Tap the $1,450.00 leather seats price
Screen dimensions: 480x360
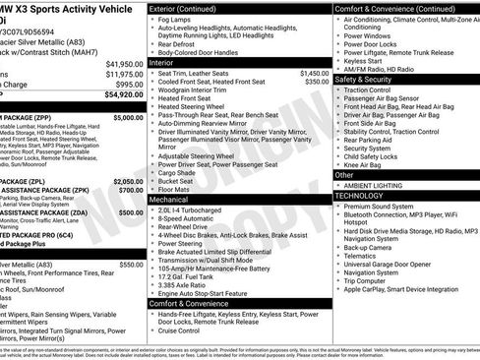pyautogui.click(x=314, y=73)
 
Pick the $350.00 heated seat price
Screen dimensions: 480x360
pyautogui.click(x=317, y=82)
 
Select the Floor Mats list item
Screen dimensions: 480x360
pyautogui.click(x=175, y=189)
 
